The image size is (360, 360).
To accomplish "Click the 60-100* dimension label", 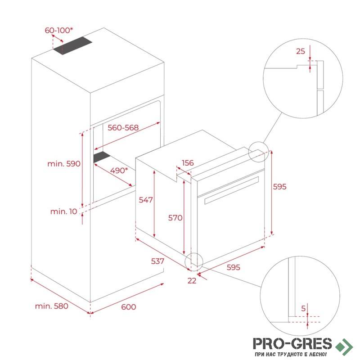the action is (x=59, y=30).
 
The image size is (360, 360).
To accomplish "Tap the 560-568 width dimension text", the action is (x=123, y=128).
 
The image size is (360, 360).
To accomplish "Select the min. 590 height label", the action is (x=64, y=164).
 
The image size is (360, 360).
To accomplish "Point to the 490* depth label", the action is (x=119, y=171).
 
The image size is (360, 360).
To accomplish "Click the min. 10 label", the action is (x=63, y=211).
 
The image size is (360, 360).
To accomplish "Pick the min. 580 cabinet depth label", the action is (x=51, y=306).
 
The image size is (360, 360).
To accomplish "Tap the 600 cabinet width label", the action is (x=129, y=307).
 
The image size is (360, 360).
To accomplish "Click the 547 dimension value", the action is (x=146, y=200).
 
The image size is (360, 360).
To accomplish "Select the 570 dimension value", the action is (x=175, y=218).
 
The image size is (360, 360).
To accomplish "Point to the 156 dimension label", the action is (x=188, y=163).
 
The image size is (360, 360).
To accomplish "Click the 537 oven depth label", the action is (x=157, y=261).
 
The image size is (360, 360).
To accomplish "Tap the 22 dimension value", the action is (x=192, y=280).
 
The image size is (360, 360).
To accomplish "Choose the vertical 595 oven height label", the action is (x=279, y=187).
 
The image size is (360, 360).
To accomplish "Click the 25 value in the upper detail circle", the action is (x=301, y=51).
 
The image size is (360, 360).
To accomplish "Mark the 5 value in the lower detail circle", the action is (x=303, y=308).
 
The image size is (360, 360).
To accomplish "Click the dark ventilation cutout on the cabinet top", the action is (x=72, y=46).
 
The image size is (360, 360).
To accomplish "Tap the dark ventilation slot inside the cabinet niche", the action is (x=102, y=157).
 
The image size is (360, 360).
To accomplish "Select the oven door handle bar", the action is (x=232, y=190).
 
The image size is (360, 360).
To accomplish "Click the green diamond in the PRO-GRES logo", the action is (x=344, y=346).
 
